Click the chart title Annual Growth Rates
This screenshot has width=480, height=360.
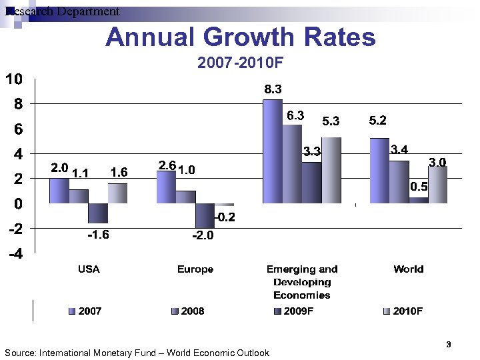pos(240,37)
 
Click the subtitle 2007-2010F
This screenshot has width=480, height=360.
pos(241,63)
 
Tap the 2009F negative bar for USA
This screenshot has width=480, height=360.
pos(98,213)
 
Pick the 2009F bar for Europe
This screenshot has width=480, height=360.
pos(205,215)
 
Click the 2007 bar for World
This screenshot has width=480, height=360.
pos(379,170)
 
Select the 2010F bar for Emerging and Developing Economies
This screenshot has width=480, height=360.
pos(331,170)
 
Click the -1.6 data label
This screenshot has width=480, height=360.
pos(98,235)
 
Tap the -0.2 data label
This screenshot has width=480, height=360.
pos(224,218)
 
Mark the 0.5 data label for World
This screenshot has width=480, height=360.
pos(419,187)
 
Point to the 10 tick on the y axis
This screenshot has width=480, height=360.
pos(14,79)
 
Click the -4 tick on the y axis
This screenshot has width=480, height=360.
pos(14,254)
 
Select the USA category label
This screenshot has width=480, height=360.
pos(89,269)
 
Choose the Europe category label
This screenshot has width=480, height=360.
pos(195,269)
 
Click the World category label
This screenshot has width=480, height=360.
pos(408,269)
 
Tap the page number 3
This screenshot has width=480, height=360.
pos(449,345)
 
